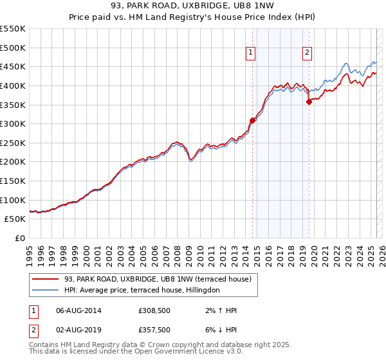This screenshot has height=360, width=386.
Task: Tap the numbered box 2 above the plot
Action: (x=307, y=53)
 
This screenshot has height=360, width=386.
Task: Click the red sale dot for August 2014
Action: (x=253, y=120)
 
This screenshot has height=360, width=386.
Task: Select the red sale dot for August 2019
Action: (x=309, y=102)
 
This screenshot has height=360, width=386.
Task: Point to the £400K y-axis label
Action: (x=13, y=85)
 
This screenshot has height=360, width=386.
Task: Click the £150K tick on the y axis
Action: (x=13, y=181)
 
